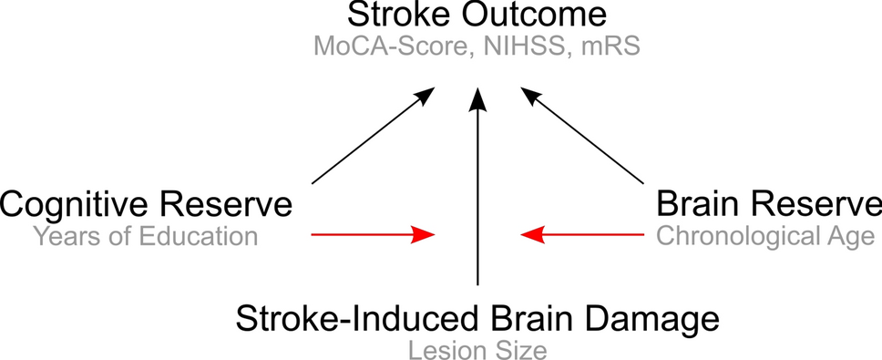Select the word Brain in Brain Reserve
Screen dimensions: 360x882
697,204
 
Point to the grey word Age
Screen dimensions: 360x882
846,238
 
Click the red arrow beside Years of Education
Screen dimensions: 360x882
374,235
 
